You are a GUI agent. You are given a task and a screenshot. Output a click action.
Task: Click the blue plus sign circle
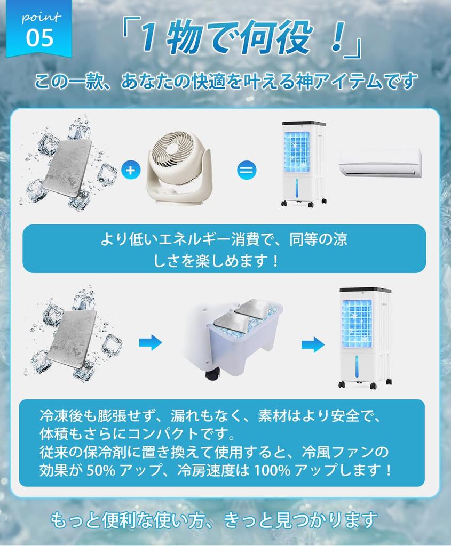[x=130, y=171]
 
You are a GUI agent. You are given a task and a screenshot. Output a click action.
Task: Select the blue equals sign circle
[x=247, y=171]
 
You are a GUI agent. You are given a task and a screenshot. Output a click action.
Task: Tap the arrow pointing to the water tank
[x=151, y=343]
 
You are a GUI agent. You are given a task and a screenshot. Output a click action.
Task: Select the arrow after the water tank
[x=313, y=344]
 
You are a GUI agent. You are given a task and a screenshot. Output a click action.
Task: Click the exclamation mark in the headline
[x=335, y=41]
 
